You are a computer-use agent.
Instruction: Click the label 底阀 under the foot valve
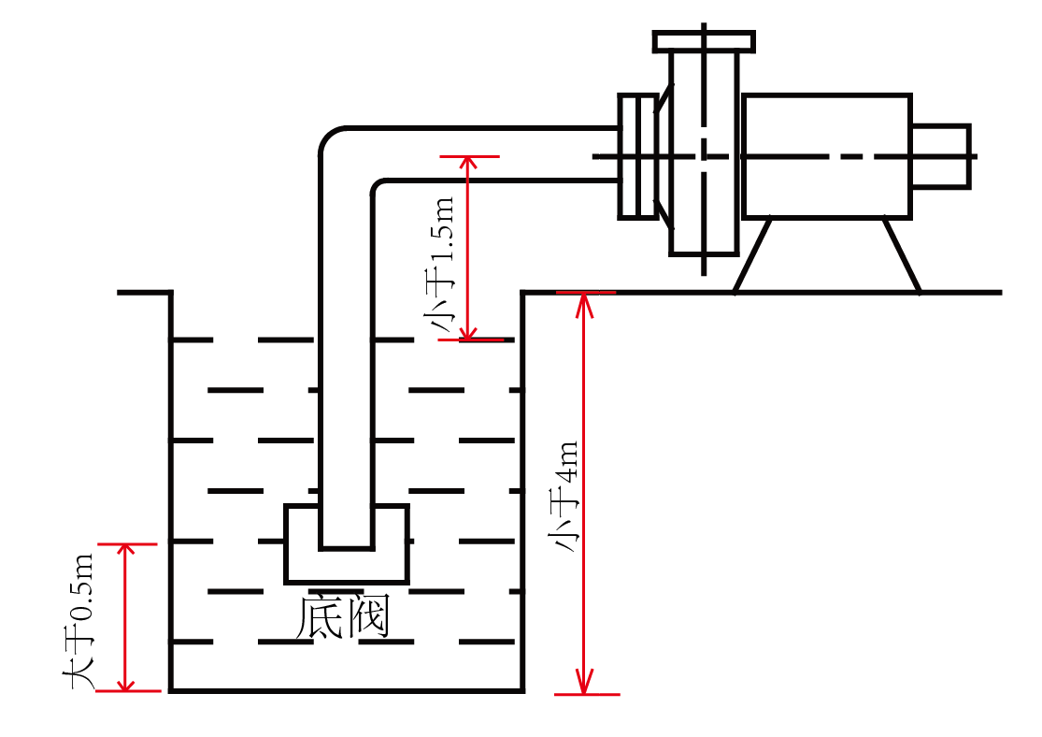342,617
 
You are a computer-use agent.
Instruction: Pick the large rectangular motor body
826,155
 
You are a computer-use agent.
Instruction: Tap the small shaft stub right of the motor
940,155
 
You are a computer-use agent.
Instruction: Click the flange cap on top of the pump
704,41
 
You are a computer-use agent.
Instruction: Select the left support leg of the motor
753,254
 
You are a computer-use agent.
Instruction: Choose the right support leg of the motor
902,254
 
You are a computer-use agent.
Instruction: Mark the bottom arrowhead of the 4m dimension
585,686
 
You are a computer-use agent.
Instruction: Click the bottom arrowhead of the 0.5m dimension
125,684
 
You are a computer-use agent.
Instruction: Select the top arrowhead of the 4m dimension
585,300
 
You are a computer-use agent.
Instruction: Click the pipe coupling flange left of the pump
637,155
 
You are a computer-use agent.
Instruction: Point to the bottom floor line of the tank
346,690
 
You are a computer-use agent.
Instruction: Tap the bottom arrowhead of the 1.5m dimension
468,333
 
